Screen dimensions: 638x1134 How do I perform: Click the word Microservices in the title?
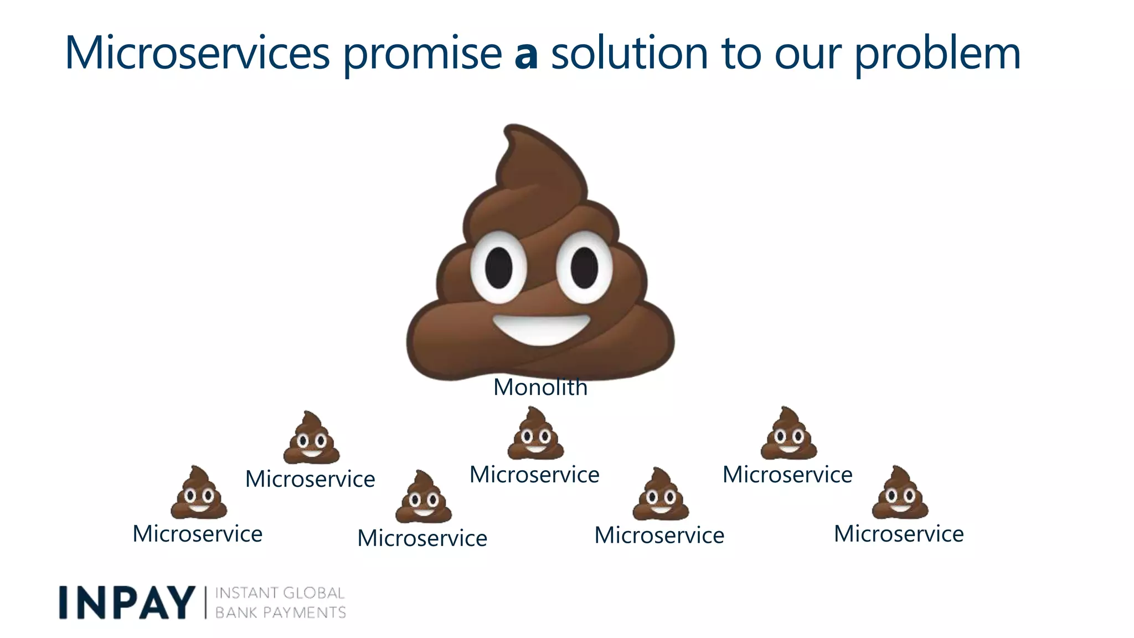click(197, 53)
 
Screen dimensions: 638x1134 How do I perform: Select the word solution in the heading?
click(630, 53)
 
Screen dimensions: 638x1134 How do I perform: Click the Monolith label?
click(540, 387)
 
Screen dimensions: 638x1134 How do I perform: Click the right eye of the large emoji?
click(584, 267)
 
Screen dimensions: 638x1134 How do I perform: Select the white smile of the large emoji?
click(541, 329)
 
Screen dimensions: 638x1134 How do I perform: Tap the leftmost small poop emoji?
click(198, 493)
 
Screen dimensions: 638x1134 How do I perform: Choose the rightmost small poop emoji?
click(900, 493)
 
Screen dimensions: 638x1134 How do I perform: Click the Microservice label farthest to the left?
click(197, 534)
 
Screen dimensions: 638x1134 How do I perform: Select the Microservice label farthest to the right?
click(899, 534)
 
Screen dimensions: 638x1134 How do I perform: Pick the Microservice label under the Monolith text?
click(534, 475)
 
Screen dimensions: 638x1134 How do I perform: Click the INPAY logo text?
click(127, 603)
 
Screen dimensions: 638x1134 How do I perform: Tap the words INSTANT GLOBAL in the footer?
click(280, 593)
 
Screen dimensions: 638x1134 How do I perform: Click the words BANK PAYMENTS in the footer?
click(280, 613)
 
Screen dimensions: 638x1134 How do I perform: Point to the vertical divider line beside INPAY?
click(205, 603)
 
